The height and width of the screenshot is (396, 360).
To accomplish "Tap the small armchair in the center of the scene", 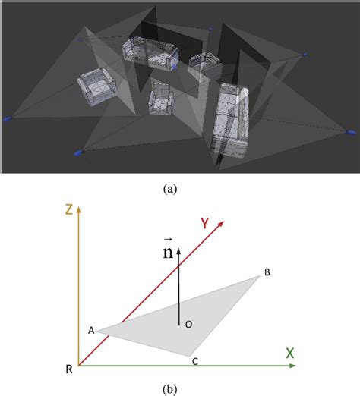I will tap(161, 98).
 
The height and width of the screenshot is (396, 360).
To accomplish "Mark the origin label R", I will tap(69, 370).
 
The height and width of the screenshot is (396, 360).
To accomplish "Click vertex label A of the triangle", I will tap(90, 331).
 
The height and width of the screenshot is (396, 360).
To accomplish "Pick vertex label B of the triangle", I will tap(267, 272).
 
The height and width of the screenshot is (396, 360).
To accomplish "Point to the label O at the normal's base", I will tap(188, 324).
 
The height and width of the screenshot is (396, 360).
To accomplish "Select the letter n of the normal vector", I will tap(166, 253).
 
